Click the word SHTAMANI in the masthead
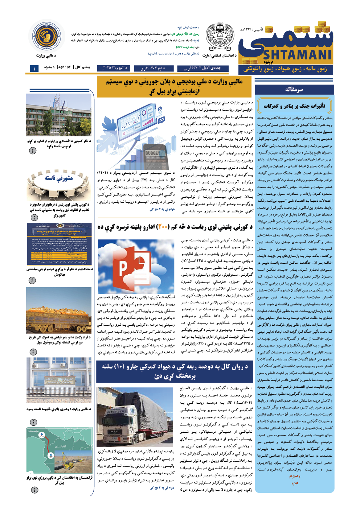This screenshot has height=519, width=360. pyautogui.click(x=297, y=54)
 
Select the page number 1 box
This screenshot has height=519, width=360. pyautogui.click(x=34, y=68)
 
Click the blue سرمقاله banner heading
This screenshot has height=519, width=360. pyautogui.click(x=294, y=90)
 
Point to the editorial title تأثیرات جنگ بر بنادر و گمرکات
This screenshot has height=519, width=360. pyautogui.click(x=294, y=106)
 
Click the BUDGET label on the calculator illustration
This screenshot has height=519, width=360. pyautogui.click(x=152, y=153)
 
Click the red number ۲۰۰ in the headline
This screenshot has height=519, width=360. pyautogui.click(x=163, y=227)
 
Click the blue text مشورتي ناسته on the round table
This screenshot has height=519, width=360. pyautogui.click(x=59, y=178)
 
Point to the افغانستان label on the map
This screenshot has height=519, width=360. pyautogui.click(x=60, y=446)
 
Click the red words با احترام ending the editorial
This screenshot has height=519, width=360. pyautogui.click(x=294, y=476)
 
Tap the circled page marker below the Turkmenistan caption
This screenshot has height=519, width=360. pyautogui.click(x=34, y=490)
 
